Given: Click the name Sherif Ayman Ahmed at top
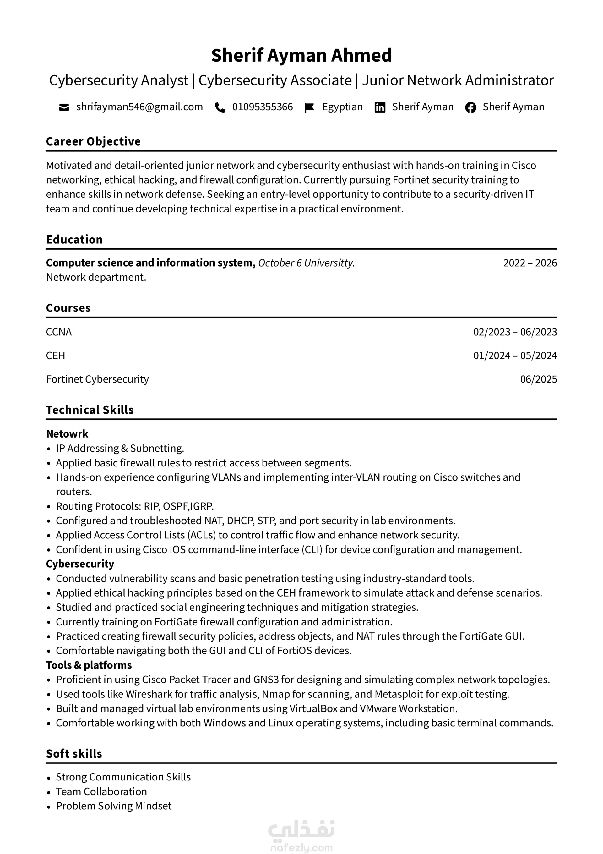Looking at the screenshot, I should click(x=301, y=55).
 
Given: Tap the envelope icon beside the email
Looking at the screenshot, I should click(x=64, y=107).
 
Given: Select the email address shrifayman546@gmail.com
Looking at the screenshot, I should click(x=139, y=107).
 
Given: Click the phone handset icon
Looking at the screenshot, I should click(x=220, y=107).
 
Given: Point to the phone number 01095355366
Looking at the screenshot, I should click(x=263, y=107).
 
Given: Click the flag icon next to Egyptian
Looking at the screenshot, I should click(x=309, y=107).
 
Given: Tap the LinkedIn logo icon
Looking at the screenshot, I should click(x=380, y=107).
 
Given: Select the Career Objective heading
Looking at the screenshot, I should click(x=93, y=141).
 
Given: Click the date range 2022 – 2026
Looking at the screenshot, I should click(x=530, y=263).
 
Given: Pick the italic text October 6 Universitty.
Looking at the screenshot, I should click(x=306, y=263).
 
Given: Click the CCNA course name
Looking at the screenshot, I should click(x=59, y=332).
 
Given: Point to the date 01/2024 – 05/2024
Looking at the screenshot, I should click(x=515, y=355).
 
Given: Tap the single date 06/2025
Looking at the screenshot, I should click(x=538, y=379).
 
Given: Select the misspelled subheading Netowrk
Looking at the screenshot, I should click(x=67, y=434).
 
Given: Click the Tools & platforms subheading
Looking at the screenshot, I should click(x=89, y=665).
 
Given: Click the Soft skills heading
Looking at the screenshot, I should click(x=74, y=753).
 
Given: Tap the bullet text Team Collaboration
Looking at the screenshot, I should click(x=101, y=791).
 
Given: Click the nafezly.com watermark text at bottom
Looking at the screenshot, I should click(x=301, y=848).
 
